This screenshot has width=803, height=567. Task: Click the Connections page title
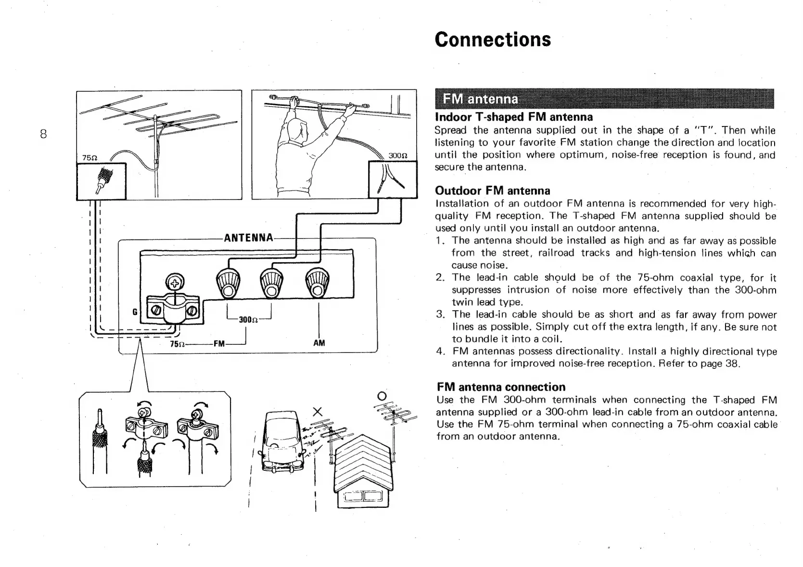[493, 39]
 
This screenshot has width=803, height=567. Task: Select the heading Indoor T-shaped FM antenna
[513, 117]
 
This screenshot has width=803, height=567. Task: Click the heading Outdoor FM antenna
[492, 190]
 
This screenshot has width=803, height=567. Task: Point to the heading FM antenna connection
[501, 387]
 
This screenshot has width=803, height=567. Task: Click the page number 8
[43, 134]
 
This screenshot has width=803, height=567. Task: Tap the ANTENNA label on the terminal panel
[249, 238]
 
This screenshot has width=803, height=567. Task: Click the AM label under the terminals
[319, 343]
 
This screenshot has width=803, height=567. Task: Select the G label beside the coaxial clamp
[135, 312]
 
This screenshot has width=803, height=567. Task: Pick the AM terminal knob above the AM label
[318, 283]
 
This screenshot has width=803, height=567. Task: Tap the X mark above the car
[317, 412]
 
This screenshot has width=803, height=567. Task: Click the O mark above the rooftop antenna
[382, 396]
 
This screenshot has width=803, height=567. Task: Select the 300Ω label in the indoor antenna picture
[398, 156]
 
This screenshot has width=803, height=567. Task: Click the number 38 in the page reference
[731, 364]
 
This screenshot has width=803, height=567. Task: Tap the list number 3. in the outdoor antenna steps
[440, 315]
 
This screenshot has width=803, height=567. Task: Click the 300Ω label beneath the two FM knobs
[248, 319]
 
